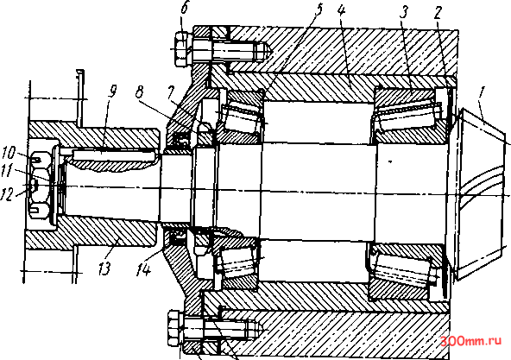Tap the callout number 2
pos(437,12)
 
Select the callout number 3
pos(403,12)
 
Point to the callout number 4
pos(341,11)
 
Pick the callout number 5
pos(318,10)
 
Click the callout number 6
pos(185,8)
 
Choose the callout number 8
pos(140,92)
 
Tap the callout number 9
pos(112,92)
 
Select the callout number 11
pos(8,170)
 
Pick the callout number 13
pos(105,268)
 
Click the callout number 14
pos(143,269)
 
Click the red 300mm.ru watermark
pos(471,341)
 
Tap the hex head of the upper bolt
pos(182,49)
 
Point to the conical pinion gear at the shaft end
pos(482,194)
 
